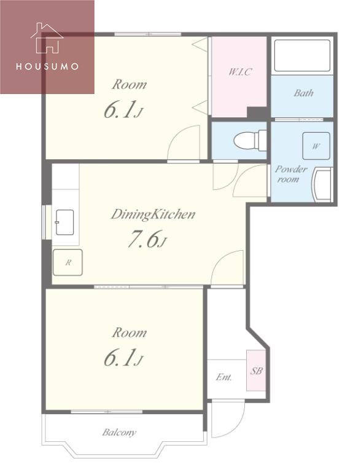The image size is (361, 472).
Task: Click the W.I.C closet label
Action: [240, 72]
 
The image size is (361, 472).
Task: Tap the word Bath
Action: [303, 93]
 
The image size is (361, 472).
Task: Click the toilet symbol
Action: [250, 140]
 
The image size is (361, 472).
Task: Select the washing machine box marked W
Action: [316, 146]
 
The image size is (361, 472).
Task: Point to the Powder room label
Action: [290, 174]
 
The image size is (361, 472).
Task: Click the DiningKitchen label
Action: [153, 214]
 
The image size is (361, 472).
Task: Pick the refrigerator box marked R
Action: [68, 262]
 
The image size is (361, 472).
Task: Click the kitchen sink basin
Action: [64, 222]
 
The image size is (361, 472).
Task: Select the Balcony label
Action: [119, 433]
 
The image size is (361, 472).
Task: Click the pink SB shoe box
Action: [256, 370]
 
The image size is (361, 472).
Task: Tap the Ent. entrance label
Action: [224, 377]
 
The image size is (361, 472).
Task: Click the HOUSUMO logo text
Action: [47, 66]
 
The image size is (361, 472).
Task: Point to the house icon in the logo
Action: [47, 38]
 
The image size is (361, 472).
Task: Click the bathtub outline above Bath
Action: [302, 56]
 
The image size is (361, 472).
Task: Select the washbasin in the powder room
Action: [322, 185]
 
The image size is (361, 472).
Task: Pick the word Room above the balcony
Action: [130, 332]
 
